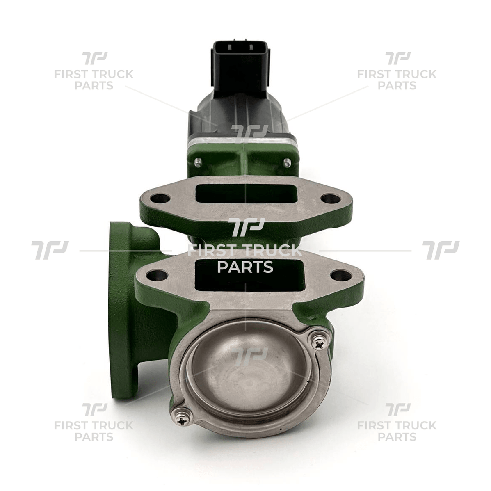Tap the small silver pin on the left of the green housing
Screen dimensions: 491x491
click(198, 163)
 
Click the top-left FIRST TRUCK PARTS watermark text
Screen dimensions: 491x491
click(94, 80)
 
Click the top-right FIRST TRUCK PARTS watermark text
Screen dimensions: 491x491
click(397, 80)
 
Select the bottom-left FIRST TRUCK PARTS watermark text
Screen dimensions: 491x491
click(94, 431)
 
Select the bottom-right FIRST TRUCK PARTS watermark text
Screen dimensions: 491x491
click(397, 431)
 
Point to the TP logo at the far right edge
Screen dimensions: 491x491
click(441, 250)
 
